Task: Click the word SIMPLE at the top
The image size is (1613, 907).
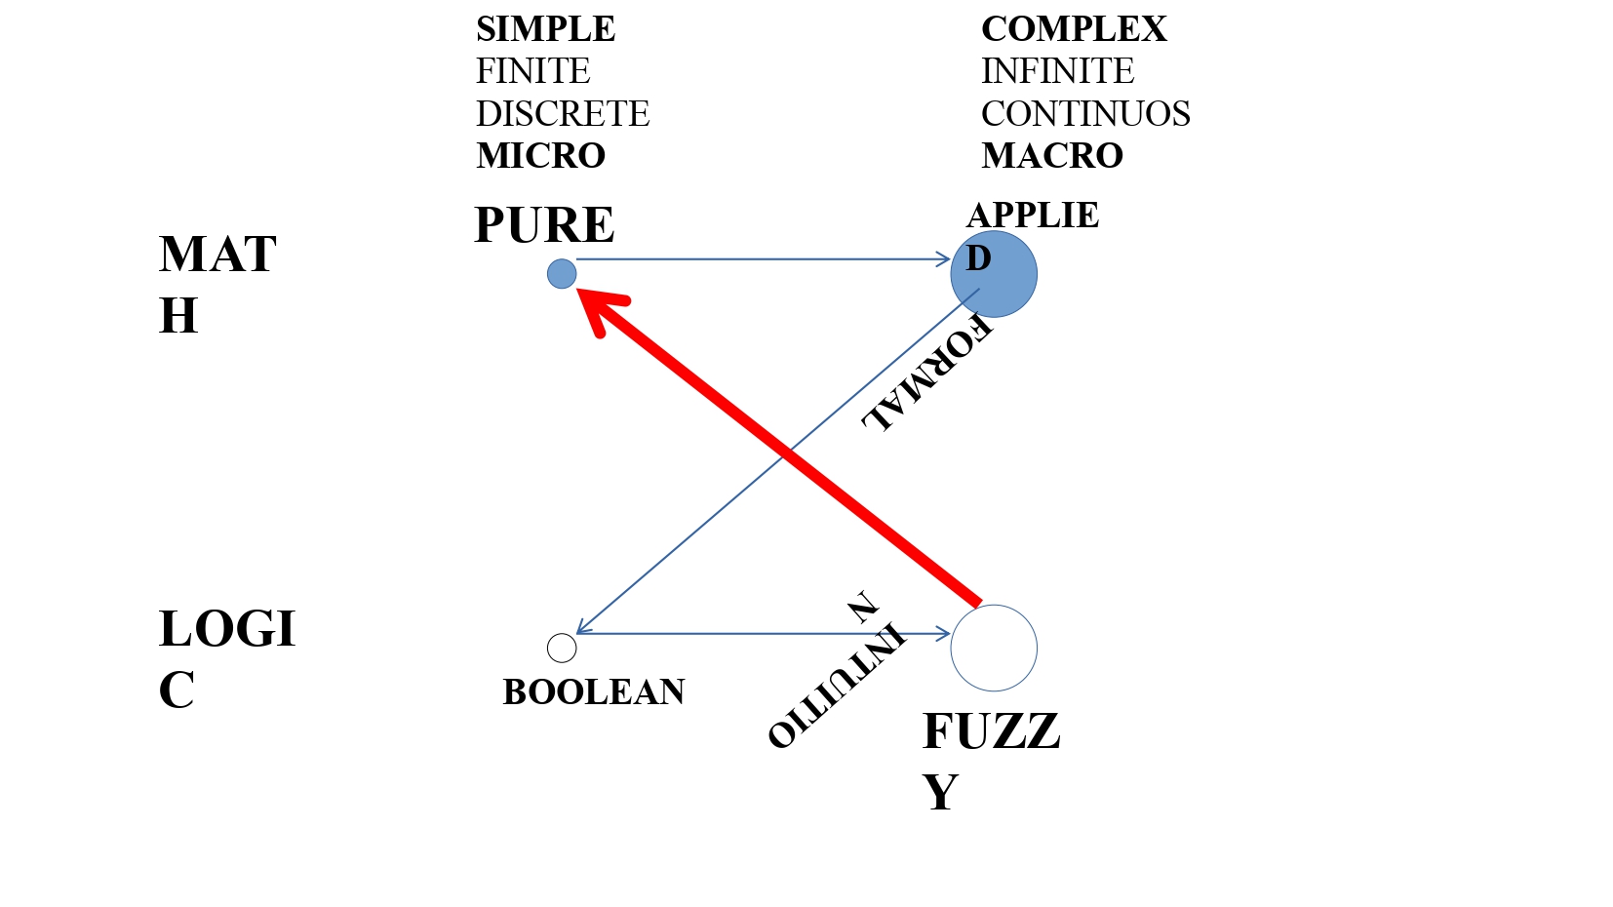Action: click(545, 29)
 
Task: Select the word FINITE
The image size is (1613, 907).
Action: click(532, 71)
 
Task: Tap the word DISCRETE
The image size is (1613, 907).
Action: click(562, 114)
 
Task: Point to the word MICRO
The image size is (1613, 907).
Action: click(540, 156)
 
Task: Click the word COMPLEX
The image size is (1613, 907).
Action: click(1073, 29)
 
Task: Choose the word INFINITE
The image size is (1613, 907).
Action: click(1057, 71)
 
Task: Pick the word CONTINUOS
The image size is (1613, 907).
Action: click(1084, 114)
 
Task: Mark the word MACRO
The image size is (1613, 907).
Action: click(1051, 156)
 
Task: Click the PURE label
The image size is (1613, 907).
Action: click(544, 225)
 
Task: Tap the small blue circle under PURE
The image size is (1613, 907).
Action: click(562, 274)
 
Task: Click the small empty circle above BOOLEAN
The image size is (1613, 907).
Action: click(562, 648)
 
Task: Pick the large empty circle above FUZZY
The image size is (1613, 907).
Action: click(993, 648)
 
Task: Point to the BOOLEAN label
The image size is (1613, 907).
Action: click(594, 692)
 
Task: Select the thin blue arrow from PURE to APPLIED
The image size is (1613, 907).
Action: click(761, 259)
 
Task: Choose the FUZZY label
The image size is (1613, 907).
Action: click(989, 761)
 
